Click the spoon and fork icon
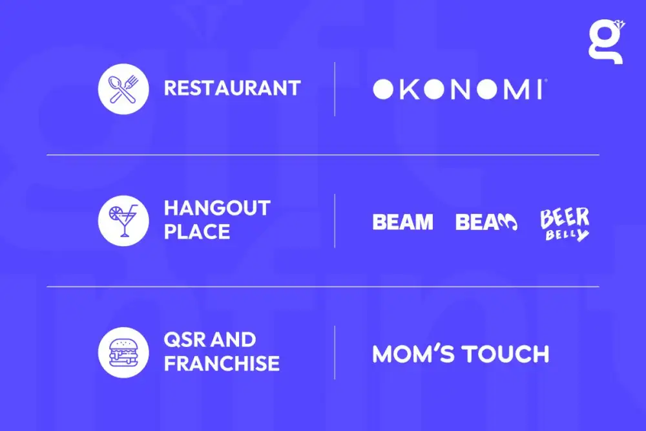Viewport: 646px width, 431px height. pyautogui.click(x=123, y=89)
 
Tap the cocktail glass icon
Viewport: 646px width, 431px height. pyautogui.click(x=123, y=221)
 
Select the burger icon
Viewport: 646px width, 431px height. pyautogui.click(x=123, y=353)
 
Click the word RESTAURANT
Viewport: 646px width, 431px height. pyautogui.click(x=233, y=88)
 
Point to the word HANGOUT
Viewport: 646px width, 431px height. pyautogui.click(x=217, y=208)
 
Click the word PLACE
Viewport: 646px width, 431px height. pyautogui.click(x=197, y=231)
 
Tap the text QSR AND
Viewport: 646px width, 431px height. pyautogui.click(x=210, y=340)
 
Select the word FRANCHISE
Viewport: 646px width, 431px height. pyautogui.click(x=222, y=363)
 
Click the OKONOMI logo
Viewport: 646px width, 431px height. pyautogui.click(x=460, y=89)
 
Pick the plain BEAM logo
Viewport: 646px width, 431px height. pyautogui.click(x=402, y=222)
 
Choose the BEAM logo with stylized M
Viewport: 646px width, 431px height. pyautogui.click(x=486, y=222)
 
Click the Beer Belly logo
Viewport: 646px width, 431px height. pyautogui.click(x=565, y=224)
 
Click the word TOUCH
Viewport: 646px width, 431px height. pyautogui.click(x=505, y=354)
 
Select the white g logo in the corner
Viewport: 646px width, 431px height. pyautogui.click(x=607, y=41)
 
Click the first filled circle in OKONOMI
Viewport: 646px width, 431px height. pyautogui.click(x=383, y=89)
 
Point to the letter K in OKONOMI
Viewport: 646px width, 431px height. pyautogui.click(x=410, y=89)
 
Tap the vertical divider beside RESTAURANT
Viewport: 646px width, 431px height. pyautogui.click(x=335, y=89)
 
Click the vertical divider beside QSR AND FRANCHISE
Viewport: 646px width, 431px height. pyautogui.click(x=335, y=353)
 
